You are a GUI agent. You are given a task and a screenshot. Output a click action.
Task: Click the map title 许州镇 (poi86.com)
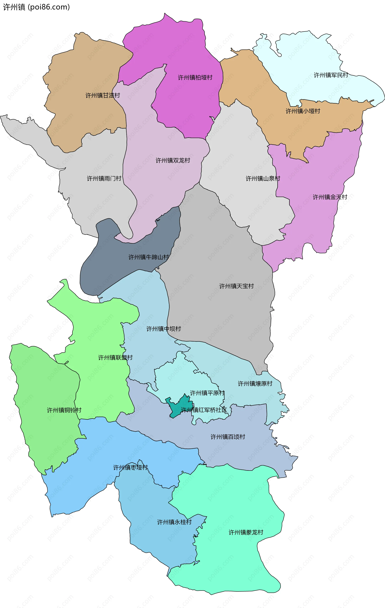pos(36,7)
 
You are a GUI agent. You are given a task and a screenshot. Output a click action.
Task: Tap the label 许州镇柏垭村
pos(195,77)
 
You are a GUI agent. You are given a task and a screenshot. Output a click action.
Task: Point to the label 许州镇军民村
pos(331,75)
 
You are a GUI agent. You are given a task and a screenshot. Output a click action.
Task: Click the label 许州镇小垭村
pos(303,111)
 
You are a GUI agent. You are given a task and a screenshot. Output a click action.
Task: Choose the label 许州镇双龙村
pos(173,160)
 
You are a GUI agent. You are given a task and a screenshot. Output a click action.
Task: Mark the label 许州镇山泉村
pos(263,179)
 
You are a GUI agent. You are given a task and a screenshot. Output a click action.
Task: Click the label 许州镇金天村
pos(330,197)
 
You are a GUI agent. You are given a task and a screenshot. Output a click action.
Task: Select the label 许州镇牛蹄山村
pos(149,257)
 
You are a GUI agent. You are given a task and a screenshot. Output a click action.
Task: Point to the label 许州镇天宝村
pos(236,286)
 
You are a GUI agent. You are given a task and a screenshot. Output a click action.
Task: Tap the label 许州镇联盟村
pos(115,358)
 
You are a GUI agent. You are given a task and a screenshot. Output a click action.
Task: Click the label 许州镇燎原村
pos(255,383)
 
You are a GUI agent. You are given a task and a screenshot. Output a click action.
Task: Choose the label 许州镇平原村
pos(207,393)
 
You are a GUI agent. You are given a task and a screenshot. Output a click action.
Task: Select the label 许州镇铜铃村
pos(64,410)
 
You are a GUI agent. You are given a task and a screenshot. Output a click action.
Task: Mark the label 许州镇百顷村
pos(228,437)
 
